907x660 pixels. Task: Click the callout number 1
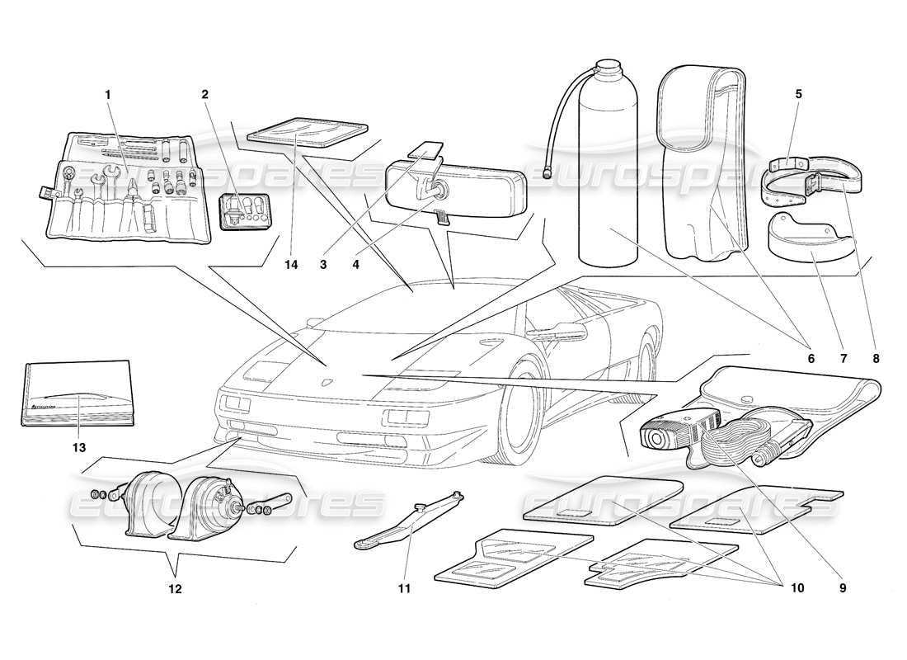pyautogui.click(x=107, y=94)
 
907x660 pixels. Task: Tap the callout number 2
pyautogui.click(x=204, y=94)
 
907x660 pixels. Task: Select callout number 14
pyautogui.click(x=289, y=265)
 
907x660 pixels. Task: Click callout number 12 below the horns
pyautogui.click(x=175, y=589)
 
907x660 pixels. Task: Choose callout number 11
pyautogui.click(x=405, y=588)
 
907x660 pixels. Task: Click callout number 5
pyautogui.click(x=798, y=94)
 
